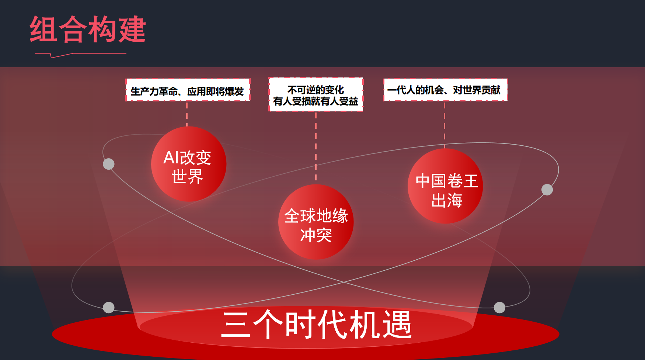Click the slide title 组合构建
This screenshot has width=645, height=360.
pyautogui.click(x=88, y=29)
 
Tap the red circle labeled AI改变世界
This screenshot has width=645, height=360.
pyautogui.click(x=189, y=164)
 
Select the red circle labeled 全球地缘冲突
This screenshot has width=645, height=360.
pyautogui.click(x=316, y=222)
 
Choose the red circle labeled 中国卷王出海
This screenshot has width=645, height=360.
pyautogui.click(x=445, y=186)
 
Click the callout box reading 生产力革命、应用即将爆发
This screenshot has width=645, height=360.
pyautogui.click(x=188, y=90)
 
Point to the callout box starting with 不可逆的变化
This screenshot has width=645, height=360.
pyautogui.click(x=316, y=94)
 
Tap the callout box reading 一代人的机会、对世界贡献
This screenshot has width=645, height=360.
pyautogui.click(x=445, y=90)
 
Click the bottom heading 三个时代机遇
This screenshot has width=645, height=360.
pyautogui.click(x=316, y=325)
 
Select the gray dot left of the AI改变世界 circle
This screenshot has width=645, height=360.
pyautogui.click(x=108, y=164)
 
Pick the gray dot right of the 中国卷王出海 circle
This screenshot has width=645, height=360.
pyautogui.click(x=547, y=190)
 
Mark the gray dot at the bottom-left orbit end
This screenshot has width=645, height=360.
pyautogui.click(x=108, y=307)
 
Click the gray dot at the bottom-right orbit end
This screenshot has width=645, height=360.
pyautogui.click(x=499, y=307)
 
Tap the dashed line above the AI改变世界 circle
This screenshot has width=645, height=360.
pyautogui.click(x=187, y=114)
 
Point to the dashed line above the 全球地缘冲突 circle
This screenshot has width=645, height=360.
pyautogui.click(x=316, y=148)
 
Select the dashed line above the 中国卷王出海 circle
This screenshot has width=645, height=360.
pyautogui.click(x=444, y=125)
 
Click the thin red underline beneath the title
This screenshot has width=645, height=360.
pyautogui.click(x=81, y=55)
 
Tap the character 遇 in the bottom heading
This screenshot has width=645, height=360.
pyautogui.click(x=397, y=325)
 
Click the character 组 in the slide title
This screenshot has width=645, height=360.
pyautogui.click(x=43, y=29)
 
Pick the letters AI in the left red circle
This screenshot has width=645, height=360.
pyautogui.click(x=171, y=157)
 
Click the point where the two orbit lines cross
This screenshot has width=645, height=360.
pyautogui.click(x=344, y=283)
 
